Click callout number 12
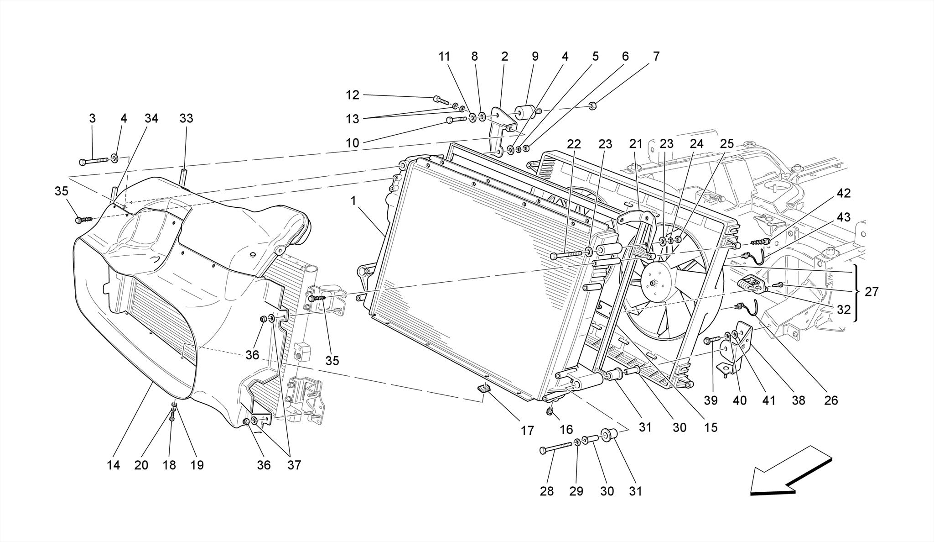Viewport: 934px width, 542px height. click(x=352, y=95)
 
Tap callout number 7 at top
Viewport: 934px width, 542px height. click(x=656, y=56)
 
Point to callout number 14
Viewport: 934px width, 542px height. click(x=113, y=465)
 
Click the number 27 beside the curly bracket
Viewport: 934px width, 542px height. click(x=871, y=291)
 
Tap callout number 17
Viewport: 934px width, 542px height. click(x=527, y=430)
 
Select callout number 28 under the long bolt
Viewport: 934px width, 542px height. click(x=546, y=491)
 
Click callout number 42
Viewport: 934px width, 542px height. click(x=843, y=193)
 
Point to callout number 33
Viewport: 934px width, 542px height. click(x=186, y=118)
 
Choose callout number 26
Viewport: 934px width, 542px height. click(x=831, y=400)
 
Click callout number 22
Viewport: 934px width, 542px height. click(x=574, y=144)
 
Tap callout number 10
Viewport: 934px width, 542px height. click(x=352, y=143)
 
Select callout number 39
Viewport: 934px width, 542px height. click(x=711, y=400)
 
